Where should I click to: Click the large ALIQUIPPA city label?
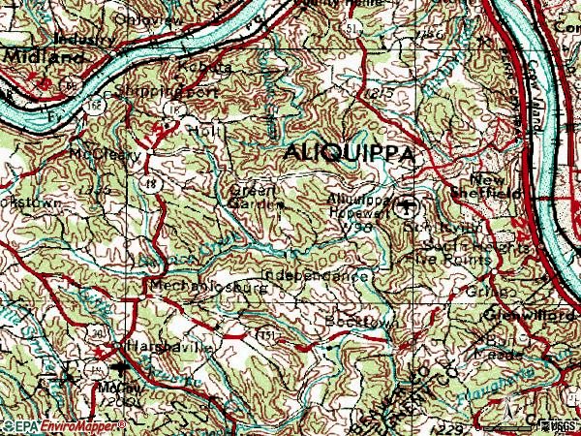point(349,155)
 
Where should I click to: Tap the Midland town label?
point(31,59)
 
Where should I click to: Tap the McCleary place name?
point(106,154)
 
